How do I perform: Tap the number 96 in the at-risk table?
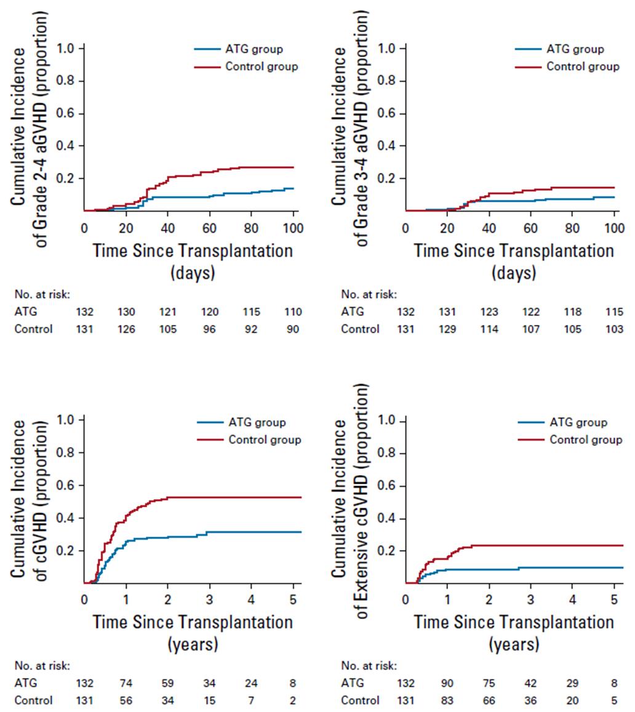pyautogui.click(x=210, y=329)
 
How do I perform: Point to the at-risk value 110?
pyautogui.click(x=292, y=312)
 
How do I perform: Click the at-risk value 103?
pyautogui.click(x=614, y=329)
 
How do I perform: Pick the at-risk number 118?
pyautogui.click(x=572, y=312)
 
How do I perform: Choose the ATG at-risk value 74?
pyautogui.click(x=126, y=683)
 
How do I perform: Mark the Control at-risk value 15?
pyautogui.click(x=210, y=700)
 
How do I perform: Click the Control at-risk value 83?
pyautogui.click(x=447, y=700)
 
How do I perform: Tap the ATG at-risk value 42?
pyautogui.click(x=530, y=683)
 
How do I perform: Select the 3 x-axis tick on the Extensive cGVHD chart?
pyautogui.click(x=530, y=598)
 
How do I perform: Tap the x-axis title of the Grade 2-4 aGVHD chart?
pyautogui.click(x=193, y=261)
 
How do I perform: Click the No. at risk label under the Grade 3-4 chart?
pyautogui.click(x=369, y=294)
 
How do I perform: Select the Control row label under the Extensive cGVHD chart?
pyautogui.click(x=361, y=700)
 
